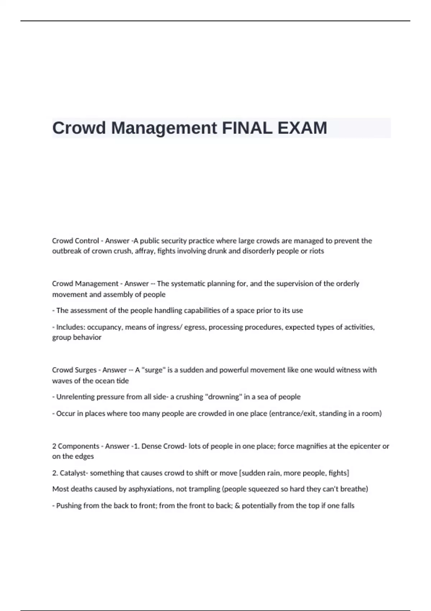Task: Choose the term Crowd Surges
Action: (74, 370)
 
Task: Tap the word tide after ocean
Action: (122, 381)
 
